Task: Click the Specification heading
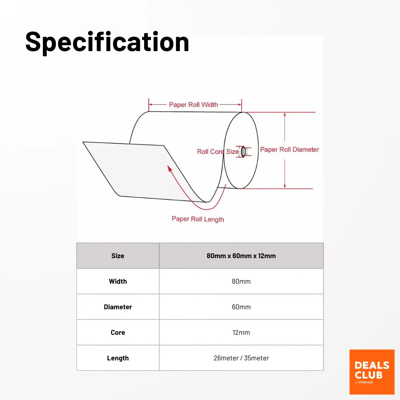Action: (107, 42)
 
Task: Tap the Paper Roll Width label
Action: (193, 104)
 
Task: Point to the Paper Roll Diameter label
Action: (290, 150)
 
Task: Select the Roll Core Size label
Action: (218, 151)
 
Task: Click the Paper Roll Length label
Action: (198, 219)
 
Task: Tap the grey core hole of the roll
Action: (243, 151)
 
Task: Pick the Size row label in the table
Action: (118, 256)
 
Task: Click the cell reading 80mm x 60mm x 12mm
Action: (241, 256)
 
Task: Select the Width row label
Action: (118, 281)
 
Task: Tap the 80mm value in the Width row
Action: (241, 281)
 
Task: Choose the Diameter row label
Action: (118, 307)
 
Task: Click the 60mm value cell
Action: (241, 307)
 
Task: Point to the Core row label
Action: (118, 332)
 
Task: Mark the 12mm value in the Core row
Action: (241, 332)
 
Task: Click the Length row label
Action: (118, 358)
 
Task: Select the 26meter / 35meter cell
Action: (241, 358)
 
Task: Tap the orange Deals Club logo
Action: (372, 372)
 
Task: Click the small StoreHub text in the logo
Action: (365, 382)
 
